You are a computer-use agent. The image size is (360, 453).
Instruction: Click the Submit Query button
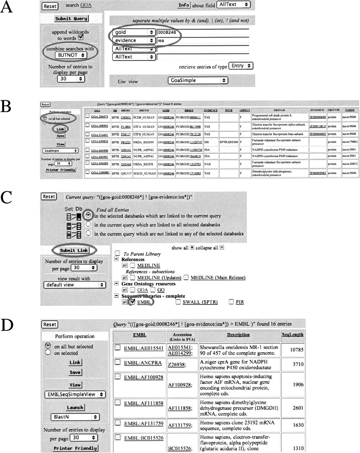(72, 19)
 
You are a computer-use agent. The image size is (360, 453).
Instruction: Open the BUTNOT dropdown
(71, 54)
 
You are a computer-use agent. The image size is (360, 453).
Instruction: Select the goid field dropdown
(134, 32)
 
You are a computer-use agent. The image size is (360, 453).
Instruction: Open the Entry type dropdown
(242, 66)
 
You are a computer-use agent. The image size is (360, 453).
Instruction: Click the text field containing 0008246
(202, 32)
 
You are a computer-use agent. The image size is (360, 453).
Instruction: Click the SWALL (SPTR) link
(201, 302)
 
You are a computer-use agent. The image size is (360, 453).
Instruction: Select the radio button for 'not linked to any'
(88, 234)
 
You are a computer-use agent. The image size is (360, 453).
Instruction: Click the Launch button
(75, 407)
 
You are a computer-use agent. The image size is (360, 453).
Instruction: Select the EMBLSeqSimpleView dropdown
(75, 394)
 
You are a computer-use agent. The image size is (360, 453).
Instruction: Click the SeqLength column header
(292, 335)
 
